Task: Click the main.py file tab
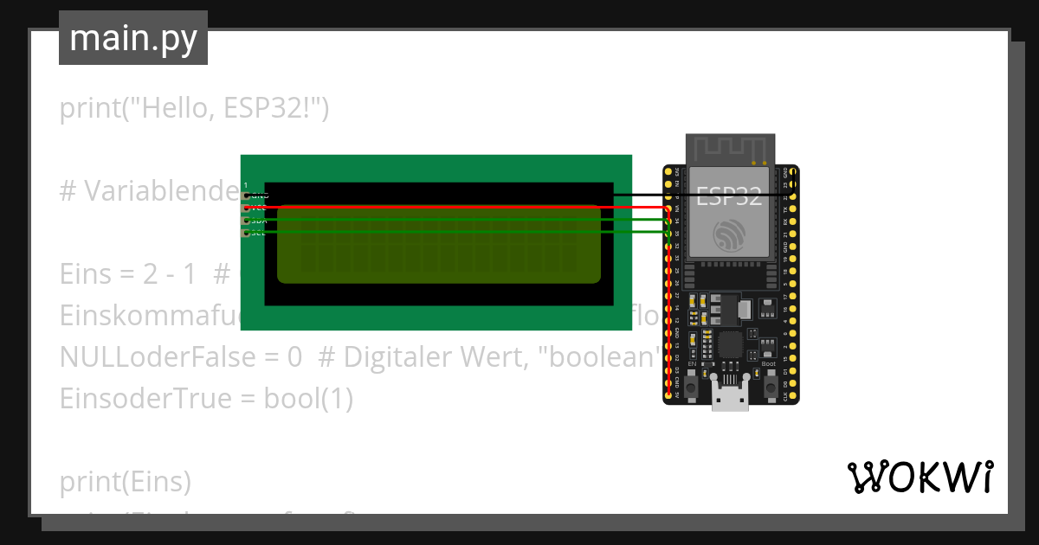132,38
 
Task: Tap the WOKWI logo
920,477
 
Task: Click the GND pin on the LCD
247,196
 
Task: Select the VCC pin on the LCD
247,208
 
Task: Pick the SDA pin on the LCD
247,221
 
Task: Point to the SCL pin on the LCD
247,233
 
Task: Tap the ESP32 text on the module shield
729,196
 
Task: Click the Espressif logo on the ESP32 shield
729,234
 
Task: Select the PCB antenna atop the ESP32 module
729,149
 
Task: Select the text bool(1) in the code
308,399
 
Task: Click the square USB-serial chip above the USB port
729,346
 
